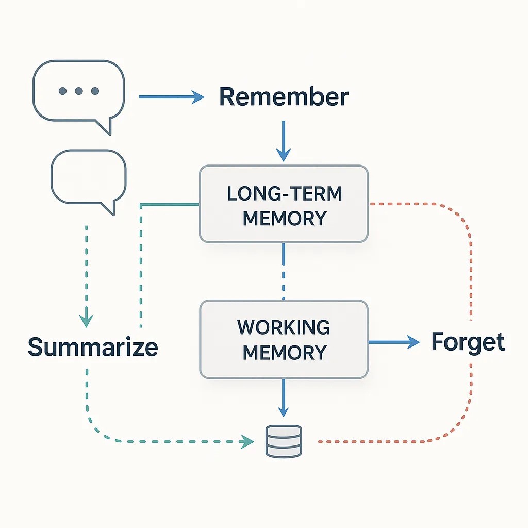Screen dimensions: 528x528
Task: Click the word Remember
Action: pos(284,97)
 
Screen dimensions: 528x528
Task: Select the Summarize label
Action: pos(93,347)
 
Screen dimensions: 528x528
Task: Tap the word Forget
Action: pos(468,342)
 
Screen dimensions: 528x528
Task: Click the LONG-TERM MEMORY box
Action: pos(284,204)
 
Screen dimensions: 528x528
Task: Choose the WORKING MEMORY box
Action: pos(284,340)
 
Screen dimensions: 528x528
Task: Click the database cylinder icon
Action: pos(284,441)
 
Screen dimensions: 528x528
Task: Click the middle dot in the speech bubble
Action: pos(79,91)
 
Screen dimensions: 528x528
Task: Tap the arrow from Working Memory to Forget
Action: pos(394,341)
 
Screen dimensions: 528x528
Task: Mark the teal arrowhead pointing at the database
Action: pos(249,441)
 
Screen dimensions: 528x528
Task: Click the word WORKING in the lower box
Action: pos(284,327)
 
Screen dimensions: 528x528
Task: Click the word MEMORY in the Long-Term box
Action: pos(284,218)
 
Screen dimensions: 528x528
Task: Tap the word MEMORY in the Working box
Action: pos(284,353)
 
